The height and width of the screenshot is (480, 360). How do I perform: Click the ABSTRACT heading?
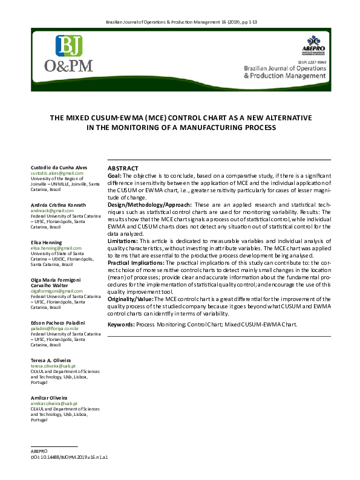123,168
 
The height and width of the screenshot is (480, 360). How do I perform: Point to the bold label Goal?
114,175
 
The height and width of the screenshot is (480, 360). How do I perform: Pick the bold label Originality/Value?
130,299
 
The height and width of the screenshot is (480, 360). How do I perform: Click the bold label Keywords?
120,325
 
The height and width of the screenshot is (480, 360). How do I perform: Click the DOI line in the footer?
69,457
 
